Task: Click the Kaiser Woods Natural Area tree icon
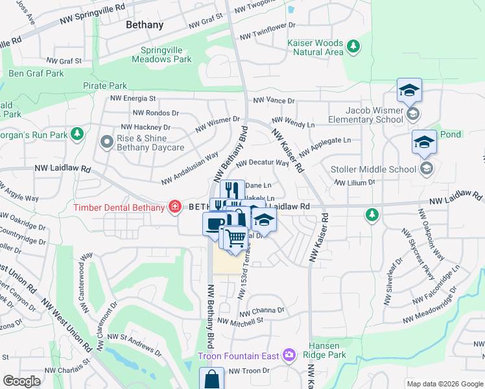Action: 353,47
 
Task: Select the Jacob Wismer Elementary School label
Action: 365,115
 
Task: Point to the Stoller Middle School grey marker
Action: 426,169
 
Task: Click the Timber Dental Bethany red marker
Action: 174,207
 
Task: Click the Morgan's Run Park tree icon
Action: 77,134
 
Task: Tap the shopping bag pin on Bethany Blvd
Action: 211,378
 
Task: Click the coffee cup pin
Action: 214,224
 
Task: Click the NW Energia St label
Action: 133,99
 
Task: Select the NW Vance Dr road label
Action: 274,100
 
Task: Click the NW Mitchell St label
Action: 240,320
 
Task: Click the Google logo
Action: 21,381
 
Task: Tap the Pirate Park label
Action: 105,86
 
